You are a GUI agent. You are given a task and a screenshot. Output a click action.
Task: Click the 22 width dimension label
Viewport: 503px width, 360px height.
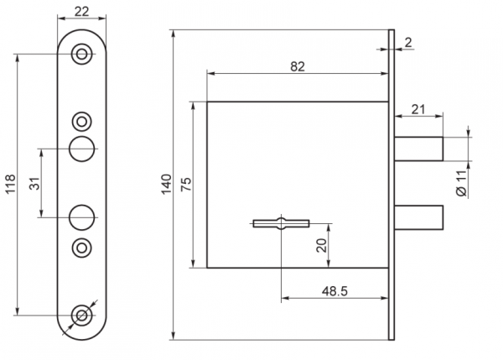[81, 12]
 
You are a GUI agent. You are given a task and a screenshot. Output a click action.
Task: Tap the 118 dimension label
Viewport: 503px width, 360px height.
[10, 184]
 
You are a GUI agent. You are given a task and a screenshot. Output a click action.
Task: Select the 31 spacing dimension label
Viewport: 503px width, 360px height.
[35, 184]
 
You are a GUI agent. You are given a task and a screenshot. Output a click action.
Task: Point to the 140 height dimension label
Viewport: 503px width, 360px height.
[167, 184]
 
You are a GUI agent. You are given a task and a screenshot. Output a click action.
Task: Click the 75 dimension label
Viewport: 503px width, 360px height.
[186, 185]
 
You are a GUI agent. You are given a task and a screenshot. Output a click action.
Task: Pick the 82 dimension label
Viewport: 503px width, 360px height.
[298, 66]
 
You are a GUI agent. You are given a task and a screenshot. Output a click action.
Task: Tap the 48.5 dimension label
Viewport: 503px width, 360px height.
[334, 291]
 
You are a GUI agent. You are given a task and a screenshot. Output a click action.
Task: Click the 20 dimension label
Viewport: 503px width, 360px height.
[321, 245]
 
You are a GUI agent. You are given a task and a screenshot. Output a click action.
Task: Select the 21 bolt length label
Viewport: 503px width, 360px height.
[418, 109]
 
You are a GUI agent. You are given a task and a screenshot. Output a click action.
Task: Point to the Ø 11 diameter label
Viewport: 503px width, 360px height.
[461, 184]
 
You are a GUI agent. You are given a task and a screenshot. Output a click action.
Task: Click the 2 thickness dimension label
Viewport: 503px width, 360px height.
[408, 43]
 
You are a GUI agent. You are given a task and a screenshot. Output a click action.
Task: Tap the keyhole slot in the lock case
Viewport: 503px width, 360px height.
[281, 223]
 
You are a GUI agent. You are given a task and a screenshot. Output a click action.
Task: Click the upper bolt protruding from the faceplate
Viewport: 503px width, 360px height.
[418, 149]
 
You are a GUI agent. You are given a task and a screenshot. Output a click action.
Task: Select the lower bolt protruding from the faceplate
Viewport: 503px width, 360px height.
[418, 217]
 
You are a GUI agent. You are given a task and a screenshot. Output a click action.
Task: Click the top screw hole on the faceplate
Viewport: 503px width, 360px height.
[82, 54]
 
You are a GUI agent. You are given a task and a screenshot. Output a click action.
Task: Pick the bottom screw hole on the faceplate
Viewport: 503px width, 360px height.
[82, 316]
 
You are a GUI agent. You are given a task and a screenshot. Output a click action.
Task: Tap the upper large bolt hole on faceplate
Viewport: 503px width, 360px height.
[82, 149]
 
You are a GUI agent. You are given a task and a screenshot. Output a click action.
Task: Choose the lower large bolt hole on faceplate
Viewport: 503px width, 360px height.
[82, 217]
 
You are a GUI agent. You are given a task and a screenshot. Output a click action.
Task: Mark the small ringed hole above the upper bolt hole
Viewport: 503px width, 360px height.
[82, 122]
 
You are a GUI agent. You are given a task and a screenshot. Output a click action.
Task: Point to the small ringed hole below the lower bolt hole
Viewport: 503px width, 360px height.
[82, 248]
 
